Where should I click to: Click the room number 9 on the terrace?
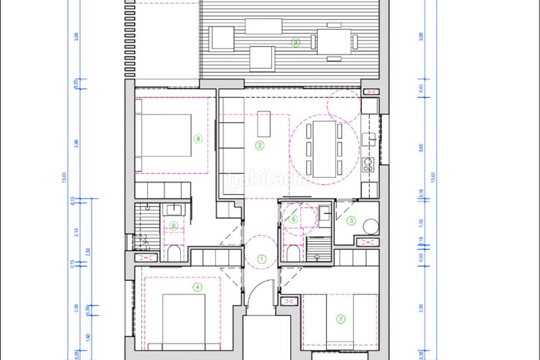[295, 43]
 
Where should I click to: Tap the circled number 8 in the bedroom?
[198, 138]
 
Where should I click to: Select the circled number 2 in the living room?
[259, 145]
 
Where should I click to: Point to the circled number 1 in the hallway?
[263, 257]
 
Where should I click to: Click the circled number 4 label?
[197, 286]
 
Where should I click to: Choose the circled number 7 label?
[340, 319]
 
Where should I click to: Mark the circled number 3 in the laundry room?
[351, 220]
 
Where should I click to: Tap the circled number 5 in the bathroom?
[293, 219]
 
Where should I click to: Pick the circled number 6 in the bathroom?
[173, 226]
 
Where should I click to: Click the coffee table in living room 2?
[263, 126]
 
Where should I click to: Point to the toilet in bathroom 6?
[173, 253]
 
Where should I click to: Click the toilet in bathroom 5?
[293, 252]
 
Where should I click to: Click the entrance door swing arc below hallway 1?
[257, 297]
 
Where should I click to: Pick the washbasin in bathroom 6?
[173, 209]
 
